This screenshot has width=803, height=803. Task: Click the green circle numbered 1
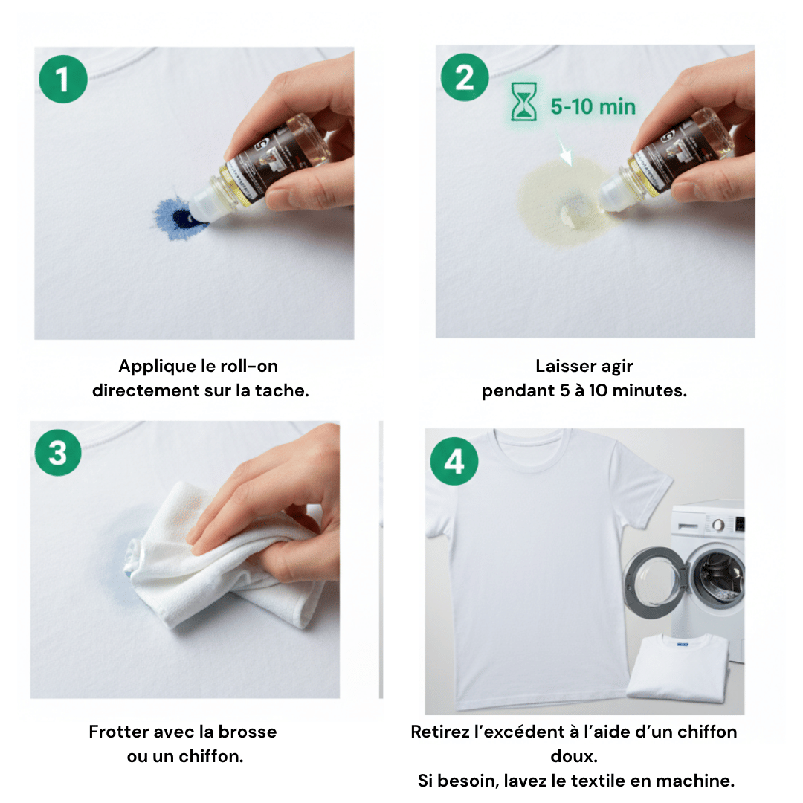pos(62,79)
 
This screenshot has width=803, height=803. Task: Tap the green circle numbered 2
pos(465,77)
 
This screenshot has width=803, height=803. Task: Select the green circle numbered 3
pos(58,452)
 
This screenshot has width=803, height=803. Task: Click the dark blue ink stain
pos(181,217)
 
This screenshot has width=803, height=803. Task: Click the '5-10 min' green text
pos(593,106)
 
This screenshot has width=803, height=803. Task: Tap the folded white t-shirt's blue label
pos(683,644)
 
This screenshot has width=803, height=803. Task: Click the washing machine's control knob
pos(718,525)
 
